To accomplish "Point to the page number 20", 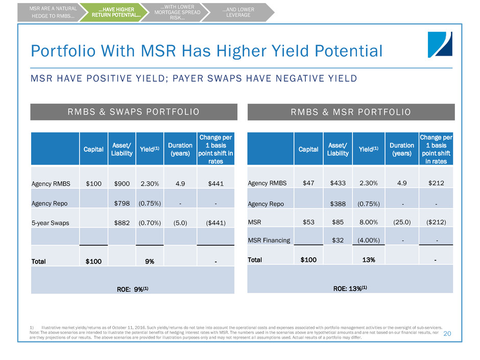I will (x=447, y=333).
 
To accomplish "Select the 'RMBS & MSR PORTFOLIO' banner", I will (x=351, y=112).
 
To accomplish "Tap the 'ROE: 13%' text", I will (x=350, y=287).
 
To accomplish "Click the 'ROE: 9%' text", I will (x=133, y=289).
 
